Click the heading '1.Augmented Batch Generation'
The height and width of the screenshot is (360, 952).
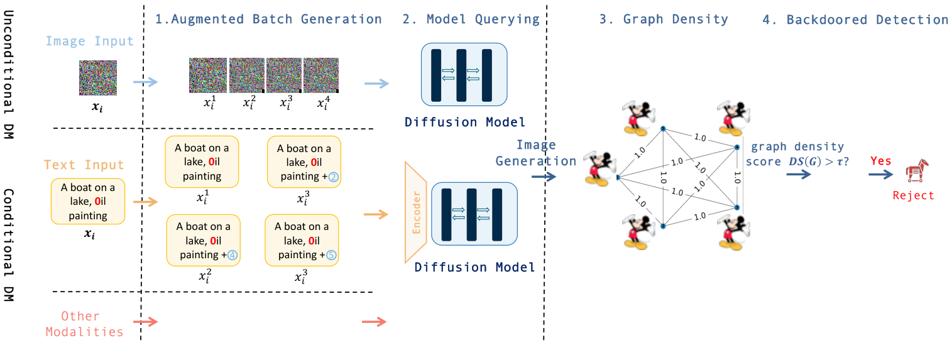(x=268, y=19)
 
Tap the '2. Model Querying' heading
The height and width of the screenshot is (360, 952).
(x=470, y=19)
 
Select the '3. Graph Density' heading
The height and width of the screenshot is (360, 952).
(x=664, y=19)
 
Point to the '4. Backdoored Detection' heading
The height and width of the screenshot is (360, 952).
(x=855, y=19)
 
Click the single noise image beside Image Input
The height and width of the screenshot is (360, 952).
(x=97, y=78)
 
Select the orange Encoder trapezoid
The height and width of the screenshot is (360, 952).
(x=416, y=212)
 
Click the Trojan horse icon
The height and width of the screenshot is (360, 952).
(x=916, y=171)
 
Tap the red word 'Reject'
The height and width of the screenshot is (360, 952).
(x=913, y=195)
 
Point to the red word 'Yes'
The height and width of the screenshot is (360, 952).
(x=880, y=161)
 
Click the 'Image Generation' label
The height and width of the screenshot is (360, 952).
(x=535, y=153)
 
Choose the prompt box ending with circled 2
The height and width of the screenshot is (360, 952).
(x=304, y=162)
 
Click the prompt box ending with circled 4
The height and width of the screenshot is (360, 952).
(x=203, y=240)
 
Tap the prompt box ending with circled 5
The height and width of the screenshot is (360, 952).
(x=302, y=240)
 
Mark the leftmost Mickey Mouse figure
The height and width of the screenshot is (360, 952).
(x=598, y=168)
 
